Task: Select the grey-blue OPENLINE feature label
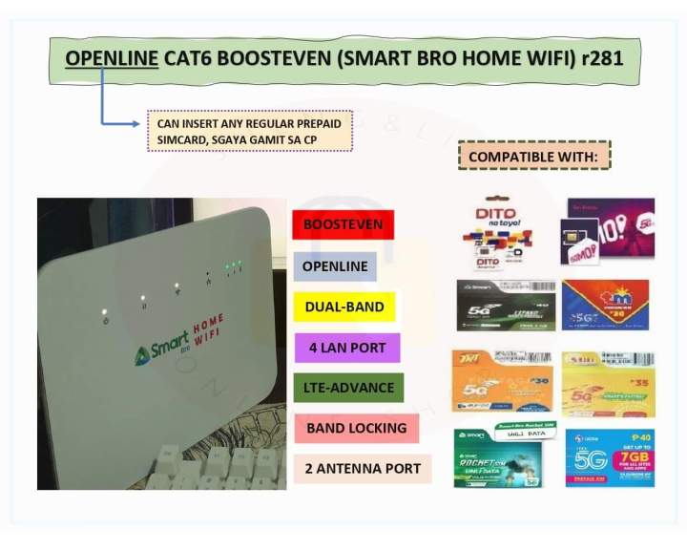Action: tap(334, 265)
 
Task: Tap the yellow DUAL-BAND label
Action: tap(343, 307)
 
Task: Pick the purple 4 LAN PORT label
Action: tap(346, 348)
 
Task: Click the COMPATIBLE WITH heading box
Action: tap(533, 155)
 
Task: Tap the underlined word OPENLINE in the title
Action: tap(112, 58)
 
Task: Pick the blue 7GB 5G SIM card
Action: tap(610, 457)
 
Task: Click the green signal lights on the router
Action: tap(233, 268)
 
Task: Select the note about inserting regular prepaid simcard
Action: tap(249, 132)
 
